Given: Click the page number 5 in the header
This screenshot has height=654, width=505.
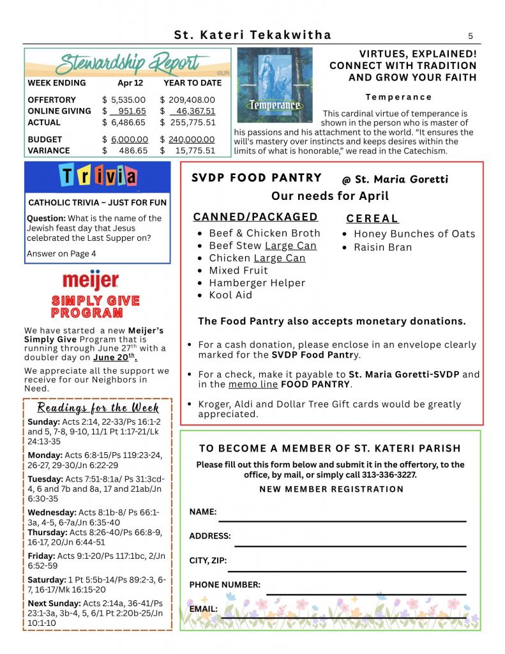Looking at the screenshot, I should click(470, 36).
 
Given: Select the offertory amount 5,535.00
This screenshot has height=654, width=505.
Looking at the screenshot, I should click(128, 100).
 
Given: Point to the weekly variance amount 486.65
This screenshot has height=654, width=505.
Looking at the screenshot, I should click(133, 151).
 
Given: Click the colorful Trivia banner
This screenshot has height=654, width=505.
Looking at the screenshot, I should click(98, 176).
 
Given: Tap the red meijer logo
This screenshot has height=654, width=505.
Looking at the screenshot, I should click(90, 280).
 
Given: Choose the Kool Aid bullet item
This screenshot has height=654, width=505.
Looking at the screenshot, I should click(230, 295).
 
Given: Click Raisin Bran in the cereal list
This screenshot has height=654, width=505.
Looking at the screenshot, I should click(382, 247).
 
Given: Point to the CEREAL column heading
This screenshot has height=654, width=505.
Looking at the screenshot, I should click(372, 218).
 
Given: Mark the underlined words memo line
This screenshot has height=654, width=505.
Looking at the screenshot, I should click(252, 384).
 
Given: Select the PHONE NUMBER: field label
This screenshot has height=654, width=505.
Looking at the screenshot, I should click(225, 584).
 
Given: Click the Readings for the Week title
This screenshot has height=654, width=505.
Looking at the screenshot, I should click(98, 407).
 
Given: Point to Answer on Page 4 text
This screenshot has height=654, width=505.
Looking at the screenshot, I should click(61, 254).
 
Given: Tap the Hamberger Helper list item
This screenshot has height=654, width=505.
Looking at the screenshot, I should click(257, 283).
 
